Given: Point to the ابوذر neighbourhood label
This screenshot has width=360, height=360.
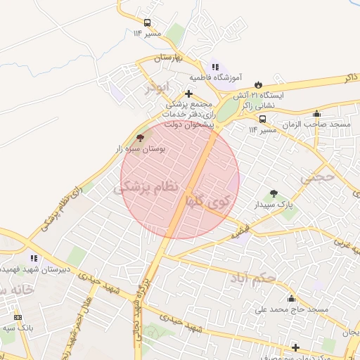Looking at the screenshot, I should (x=159, y=88).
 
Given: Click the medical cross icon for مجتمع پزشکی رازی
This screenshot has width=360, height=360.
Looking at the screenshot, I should (x=188, y=93).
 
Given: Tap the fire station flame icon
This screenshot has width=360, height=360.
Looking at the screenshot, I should (x=258, y=84).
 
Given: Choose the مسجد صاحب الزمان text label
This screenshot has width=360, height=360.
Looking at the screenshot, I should (x=316, y=124).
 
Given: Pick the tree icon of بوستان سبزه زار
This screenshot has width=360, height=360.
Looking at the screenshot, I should (x=139, y=139).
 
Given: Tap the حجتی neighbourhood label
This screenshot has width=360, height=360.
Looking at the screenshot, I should (x=319, y=179).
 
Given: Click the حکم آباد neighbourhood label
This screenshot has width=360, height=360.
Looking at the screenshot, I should (x=252, y=280).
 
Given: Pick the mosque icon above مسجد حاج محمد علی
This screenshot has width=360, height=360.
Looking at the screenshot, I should (x=292, y=299).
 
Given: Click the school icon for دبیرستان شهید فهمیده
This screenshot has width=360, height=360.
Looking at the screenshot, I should (x=34, y=258).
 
